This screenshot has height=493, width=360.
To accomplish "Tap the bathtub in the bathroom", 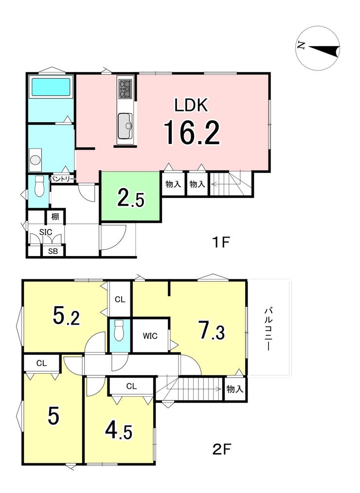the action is coord(51,87).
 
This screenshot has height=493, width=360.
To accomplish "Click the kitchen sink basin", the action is coord(125,126).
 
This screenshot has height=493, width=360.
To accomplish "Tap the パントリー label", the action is coord(62,179).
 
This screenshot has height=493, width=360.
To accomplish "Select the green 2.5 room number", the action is coord(131,198).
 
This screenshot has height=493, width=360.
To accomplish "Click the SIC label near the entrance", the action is coord(46,232).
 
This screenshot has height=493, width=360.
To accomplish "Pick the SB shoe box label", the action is coord(53,251).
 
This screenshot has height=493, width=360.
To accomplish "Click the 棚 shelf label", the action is coord(54,217).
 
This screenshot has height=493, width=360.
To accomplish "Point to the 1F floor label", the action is coord(221,242).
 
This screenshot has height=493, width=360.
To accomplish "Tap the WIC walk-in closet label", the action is coord(150,336).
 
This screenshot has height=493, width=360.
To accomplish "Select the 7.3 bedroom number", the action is coord(212,329).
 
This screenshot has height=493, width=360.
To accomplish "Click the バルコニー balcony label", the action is coord(268,329).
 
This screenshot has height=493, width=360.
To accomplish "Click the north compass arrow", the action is coord(324,50).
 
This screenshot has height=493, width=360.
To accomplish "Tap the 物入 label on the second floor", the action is coord(235,389).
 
